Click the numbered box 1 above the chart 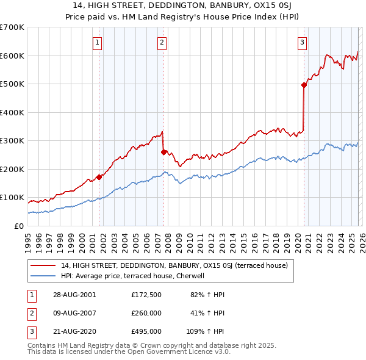pyautogui.click(x=98, y=42)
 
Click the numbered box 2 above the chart pyautogui.click(x=162, y=42)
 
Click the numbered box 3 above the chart pyautogui.click(x=303, y=42)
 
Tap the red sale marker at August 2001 pyautogui.click(x=99, y=177)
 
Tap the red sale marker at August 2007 pyautogui.click(x=163, y=152)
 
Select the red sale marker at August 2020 pyautogui.click(x=304, y=85)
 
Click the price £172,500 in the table pyautogui.click(x=146, y=295)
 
